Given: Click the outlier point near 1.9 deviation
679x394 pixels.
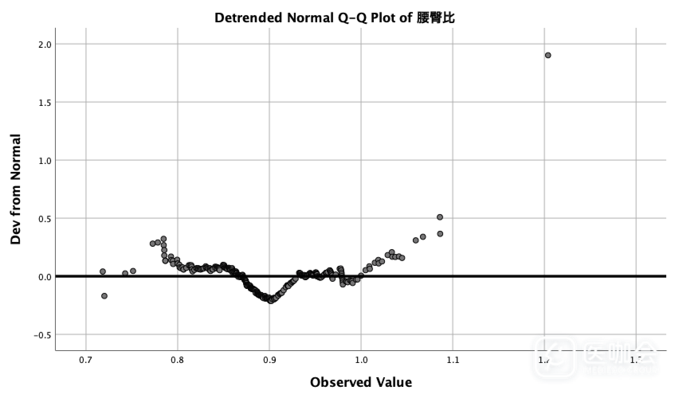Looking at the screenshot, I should (x=548, y=55).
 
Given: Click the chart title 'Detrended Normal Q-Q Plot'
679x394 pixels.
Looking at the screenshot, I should (x=313, y=18).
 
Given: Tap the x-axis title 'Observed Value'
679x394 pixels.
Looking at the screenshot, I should (x=361, y=382).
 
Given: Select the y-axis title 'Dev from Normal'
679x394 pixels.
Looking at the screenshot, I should (x=16, y=189).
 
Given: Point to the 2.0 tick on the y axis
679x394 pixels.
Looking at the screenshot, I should (x=45, y=44).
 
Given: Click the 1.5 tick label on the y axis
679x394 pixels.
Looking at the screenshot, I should (x=45, y=102).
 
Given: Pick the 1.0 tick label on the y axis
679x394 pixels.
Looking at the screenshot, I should (x=45, y=160).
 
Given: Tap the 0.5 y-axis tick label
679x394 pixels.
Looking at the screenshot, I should (x=45, y=218).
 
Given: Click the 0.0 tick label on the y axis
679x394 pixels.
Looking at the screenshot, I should (x=45, y=277).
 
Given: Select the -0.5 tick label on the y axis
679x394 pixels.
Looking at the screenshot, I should (x=43, y=335).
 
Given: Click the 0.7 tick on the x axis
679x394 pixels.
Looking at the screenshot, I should (x=86, y=361).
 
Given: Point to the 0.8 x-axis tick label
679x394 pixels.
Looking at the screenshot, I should (x=177, y=361).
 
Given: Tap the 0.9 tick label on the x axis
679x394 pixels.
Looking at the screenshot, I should (x=269, y=361).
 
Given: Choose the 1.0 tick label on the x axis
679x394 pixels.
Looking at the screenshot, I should (x=361, y=361).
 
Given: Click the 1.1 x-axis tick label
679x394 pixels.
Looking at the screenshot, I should (x=453, y=361).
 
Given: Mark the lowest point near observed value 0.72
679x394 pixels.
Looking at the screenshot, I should (x=104, y=296).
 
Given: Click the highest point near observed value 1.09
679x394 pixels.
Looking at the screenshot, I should (x=440, y=217).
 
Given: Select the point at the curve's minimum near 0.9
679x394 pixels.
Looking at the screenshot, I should (x=271, y=300).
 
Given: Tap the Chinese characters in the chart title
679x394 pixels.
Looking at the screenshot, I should (x=436, y=18).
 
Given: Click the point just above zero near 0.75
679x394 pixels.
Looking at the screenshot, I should (x=133, y=271).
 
